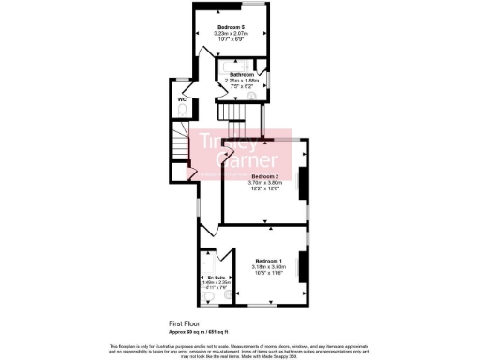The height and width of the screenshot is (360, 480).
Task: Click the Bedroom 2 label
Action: pyautogui.click(x=264, y=176)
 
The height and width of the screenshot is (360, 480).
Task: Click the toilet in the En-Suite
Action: pyautogui.click(x=207, y=298)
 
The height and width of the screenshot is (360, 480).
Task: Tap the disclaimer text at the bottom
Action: pyautogui.click(x=240, y=348)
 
